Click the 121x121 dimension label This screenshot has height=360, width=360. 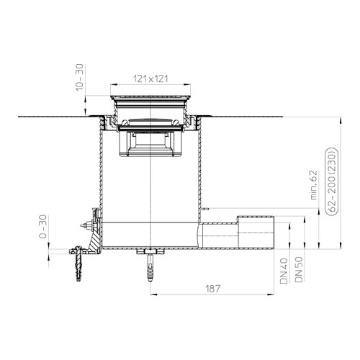(150, 78)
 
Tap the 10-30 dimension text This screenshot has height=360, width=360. (79, 77)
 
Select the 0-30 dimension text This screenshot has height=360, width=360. (42, 226)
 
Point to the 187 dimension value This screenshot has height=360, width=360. (212, 289)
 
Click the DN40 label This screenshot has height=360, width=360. (284, 271)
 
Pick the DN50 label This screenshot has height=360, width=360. (299, 269)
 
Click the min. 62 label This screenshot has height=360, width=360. (314, 185)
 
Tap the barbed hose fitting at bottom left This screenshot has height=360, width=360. (77, 263)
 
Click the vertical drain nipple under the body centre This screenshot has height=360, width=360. (150, 266)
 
